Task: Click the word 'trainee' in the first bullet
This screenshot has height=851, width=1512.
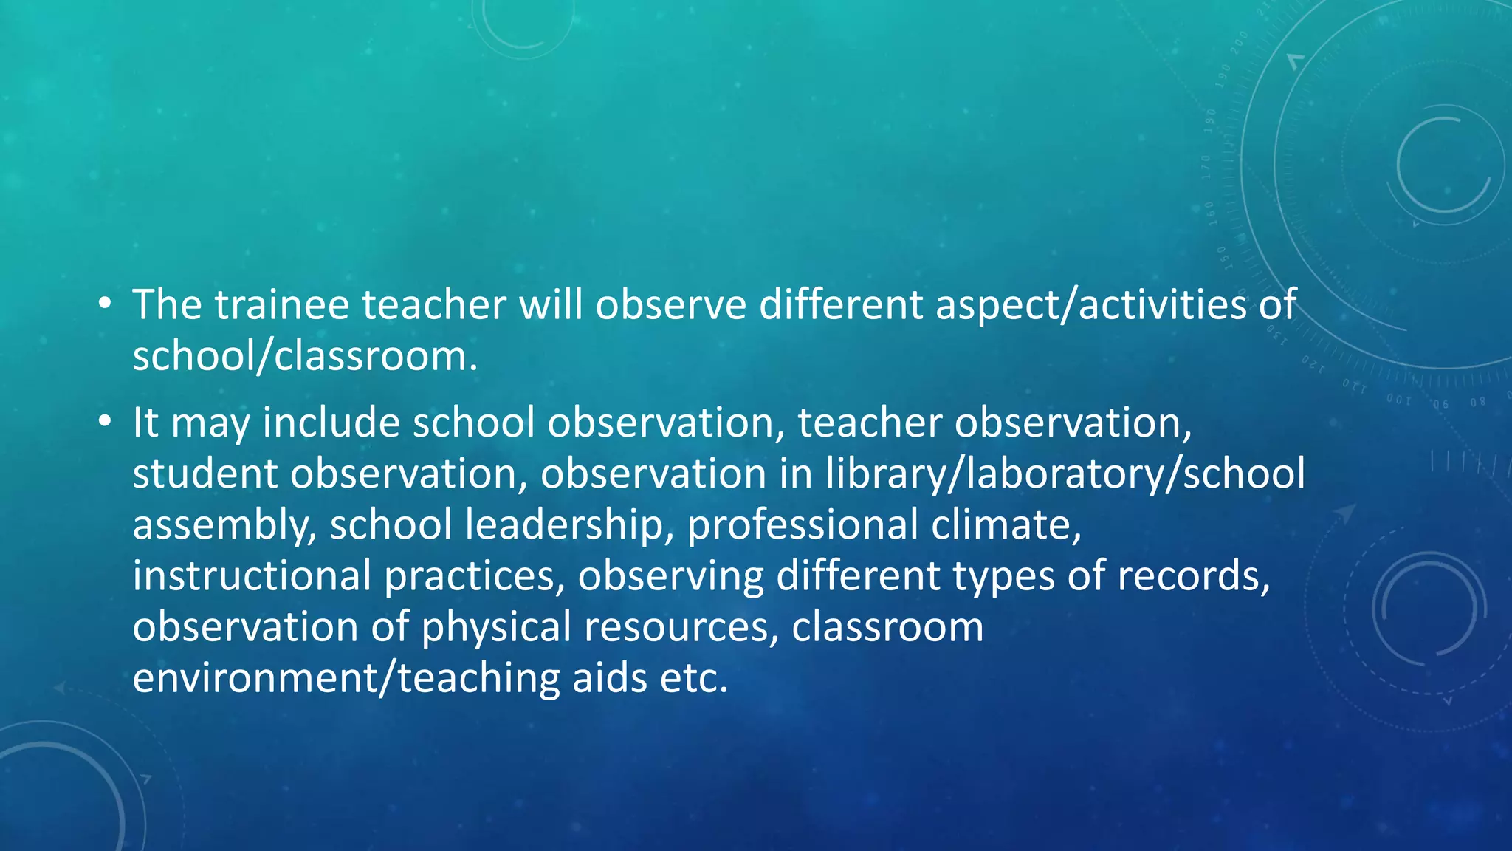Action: pos(281,304)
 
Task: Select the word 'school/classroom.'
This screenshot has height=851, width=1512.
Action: pos(305,356)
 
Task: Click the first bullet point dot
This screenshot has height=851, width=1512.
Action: pos(105,304)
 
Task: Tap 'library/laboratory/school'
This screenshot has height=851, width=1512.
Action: pos(1065,474)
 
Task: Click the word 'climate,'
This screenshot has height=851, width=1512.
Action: pos(1006,524)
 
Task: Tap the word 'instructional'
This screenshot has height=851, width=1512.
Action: pos(252,575)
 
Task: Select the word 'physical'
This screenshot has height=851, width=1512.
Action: pos(496,626)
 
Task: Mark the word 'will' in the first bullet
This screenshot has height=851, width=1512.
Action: pos(551,304)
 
